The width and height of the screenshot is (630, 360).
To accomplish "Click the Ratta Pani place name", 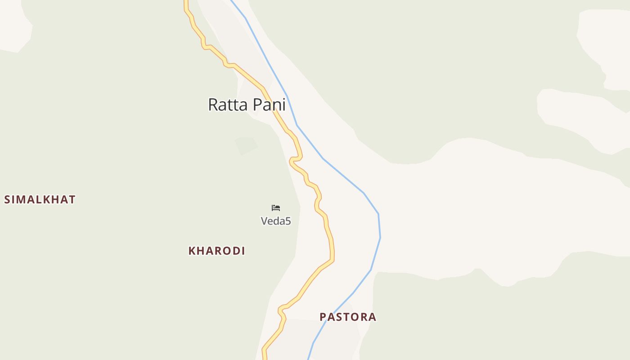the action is (x=247, y=104).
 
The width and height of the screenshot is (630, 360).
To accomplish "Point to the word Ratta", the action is (x=228, y=104).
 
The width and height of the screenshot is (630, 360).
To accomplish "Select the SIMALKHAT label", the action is (x=40, y=199).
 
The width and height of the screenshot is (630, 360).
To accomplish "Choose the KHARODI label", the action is (x=216, y=251).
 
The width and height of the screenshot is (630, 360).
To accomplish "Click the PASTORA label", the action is (x=348, y=317).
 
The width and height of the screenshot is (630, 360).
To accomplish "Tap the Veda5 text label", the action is (x=276, y=221).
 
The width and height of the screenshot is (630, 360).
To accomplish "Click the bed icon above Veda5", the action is (x=276, y=207).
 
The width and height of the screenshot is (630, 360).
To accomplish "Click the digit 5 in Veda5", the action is (x=288, y=221).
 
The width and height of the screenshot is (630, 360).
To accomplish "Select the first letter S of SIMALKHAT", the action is (x=7, y=199).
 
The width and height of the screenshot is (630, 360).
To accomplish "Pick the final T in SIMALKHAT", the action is (x=72, y=199).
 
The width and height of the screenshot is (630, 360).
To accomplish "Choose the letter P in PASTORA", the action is (x=323, y=317).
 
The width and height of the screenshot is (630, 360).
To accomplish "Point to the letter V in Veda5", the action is (x=265, y=221).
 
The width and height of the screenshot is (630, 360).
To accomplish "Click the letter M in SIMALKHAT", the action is (x=23, y=199).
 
